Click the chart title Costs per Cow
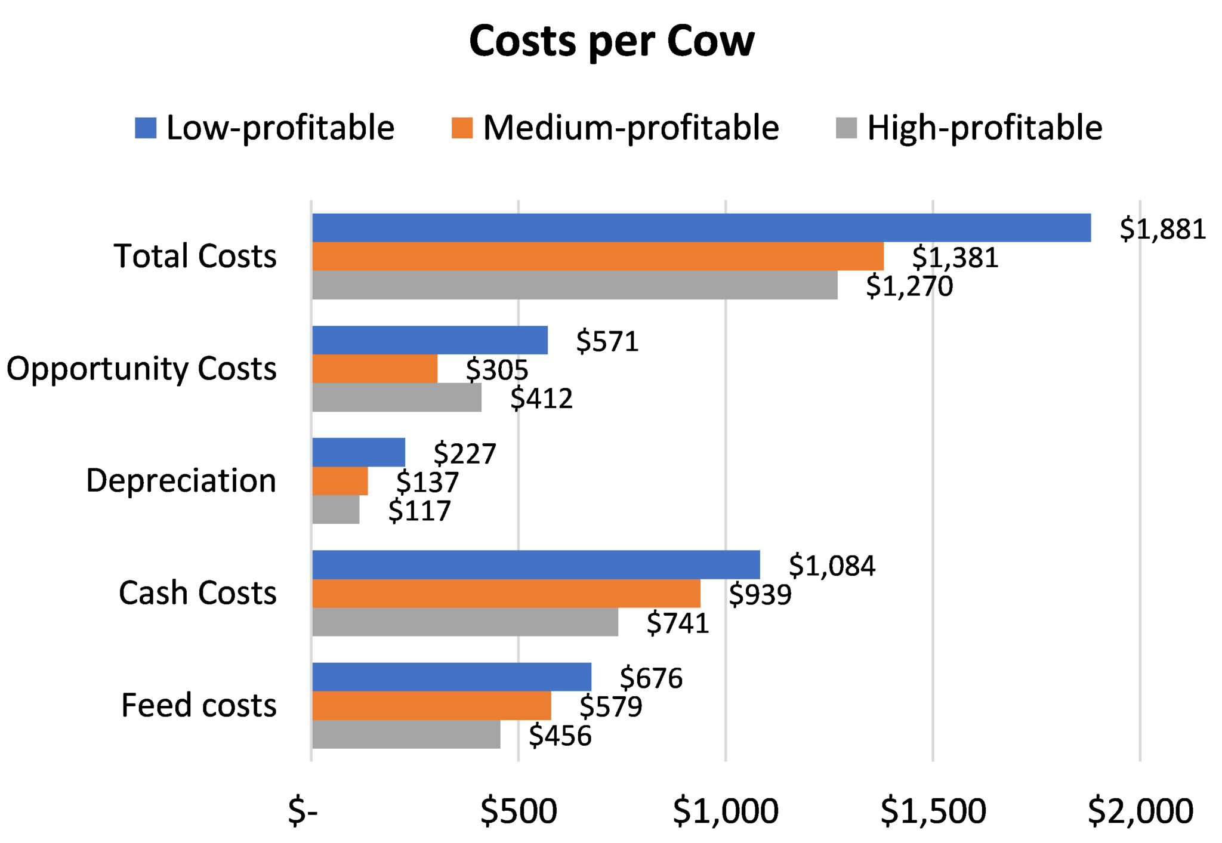(x=612, y=42)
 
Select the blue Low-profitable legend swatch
(x=146, y=128)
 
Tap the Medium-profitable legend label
(x=631, y=128)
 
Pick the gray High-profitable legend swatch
(x=846, y=128)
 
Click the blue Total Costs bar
(x=701, y=228)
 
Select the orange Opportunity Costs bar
(x=375, y=369)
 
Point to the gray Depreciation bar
(x=336, y=510)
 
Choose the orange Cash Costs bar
(x=506, y=593)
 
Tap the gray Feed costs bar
(x=406, y=734)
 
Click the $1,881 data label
(x=1162, y=229)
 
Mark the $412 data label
(x=541, y=399)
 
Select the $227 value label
(x=465, y=454)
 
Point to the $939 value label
(x=760, y=594)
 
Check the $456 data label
(x=560, y=736)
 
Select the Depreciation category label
(x=181, y=481)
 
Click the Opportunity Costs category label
(x=141, y=369)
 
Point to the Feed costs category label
(x=199, y=705)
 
